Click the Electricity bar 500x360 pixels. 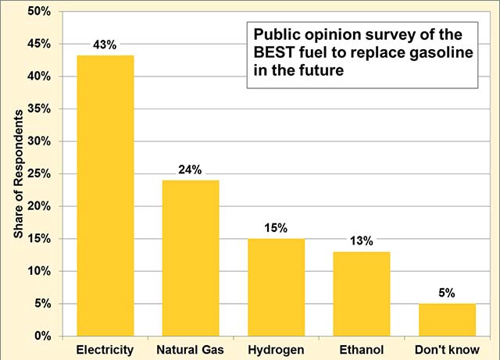[x=105, y=195]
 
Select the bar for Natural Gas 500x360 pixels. [x=191, y=258]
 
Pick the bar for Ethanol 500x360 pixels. [x=361, y=294]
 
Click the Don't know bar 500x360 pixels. [x=446, y=319]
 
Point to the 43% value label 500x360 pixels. [x=105, y=45]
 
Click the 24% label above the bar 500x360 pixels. [x=191, y=169]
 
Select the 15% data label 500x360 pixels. [x=276, y=228]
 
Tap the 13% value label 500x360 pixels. [x=361, y=241]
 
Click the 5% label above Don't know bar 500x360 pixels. [x=446, y=293]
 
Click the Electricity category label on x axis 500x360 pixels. [x=105, y=348]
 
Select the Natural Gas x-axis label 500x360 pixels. [x=191, y=348]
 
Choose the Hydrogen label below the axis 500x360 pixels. [x=276, y=348]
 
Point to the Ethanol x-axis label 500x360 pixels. [x=361, y=348]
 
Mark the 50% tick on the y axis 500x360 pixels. [x=39, y=12]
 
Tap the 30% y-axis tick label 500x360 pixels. [x=39, y=141]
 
